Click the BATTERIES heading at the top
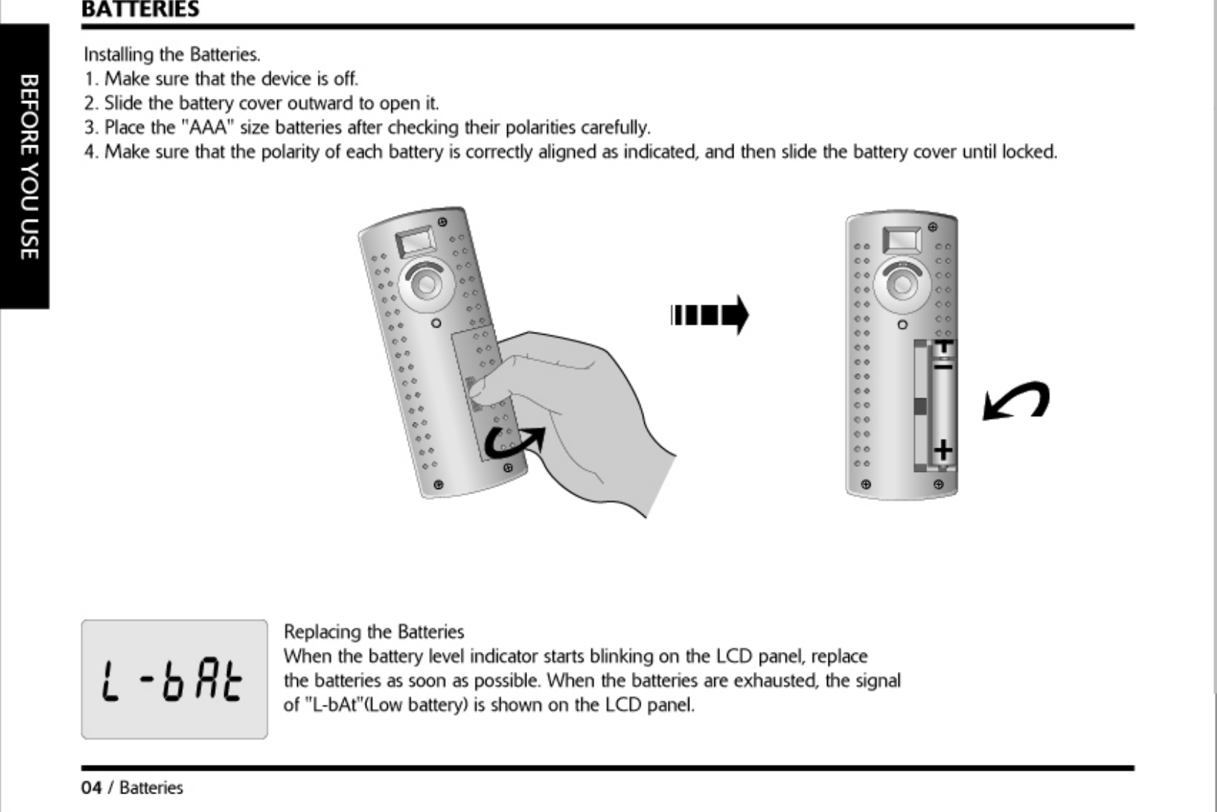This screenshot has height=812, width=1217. tap(140, 10)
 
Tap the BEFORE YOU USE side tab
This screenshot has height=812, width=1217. tap(27, 166)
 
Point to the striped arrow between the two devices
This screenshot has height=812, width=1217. tap(709, 315)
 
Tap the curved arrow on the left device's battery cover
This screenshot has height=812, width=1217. tap(515, 441)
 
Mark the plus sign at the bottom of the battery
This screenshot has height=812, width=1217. tap(943, 449)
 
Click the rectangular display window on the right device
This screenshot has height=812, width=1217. tap(902, 238)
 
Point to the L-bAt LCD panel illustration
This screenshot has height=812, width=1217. tap(174, 679)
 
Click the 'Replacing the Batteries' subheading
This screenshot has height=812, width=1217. tap(374, 632)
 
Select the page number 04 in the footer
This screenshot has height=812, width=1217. tap(91, 788)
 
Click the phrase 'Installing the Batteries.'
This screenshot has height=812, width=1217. tap(172, 55)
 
